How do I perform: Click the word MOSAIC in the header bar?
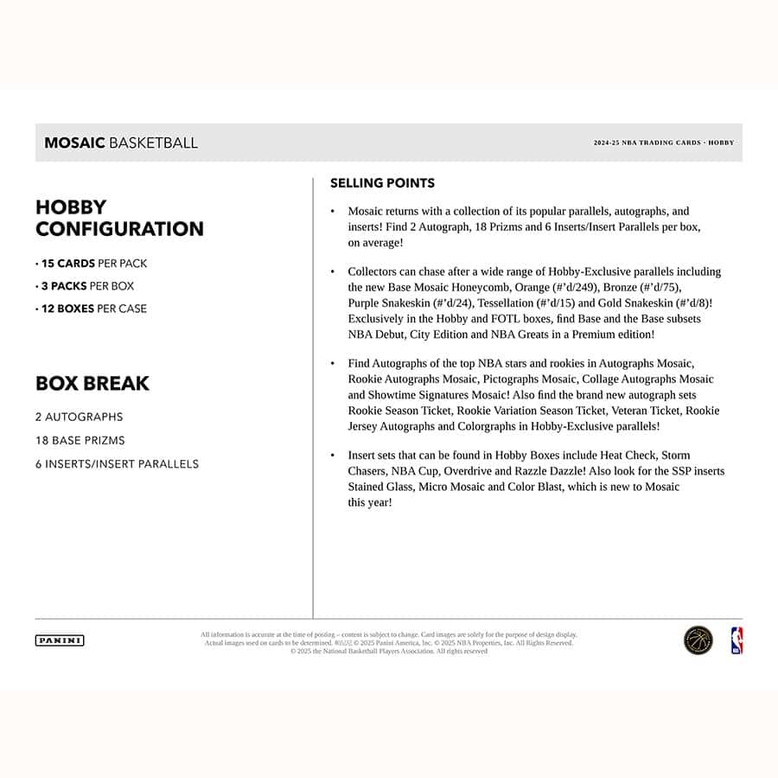click(74, 143)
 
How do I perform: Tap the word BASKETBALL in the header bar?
click(153, 143)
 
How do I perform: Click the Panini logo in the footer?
click(60, 641)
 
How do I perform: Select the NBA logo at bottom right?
click(737, 641)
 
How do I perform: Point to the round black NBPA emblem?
click(698, 641)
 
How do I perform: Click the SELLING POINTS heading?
click(382, 183)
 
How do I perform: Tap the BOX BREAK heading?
click(92, 383)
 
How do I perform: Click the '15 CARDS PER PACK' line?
click(91, 264)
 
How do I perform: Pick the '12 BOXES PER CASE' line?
click(91, 309)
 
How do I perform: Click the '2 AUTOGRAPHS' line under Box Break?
click(80, 417)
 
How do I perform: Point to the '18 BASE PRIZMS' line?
click(80, 441)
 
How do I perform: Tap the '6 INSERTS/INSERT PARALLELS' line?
click(117, 464)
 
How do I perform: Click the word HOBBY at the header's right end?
click(721, 143)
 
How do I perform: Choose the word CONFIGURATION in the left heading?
click(119, 229)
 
